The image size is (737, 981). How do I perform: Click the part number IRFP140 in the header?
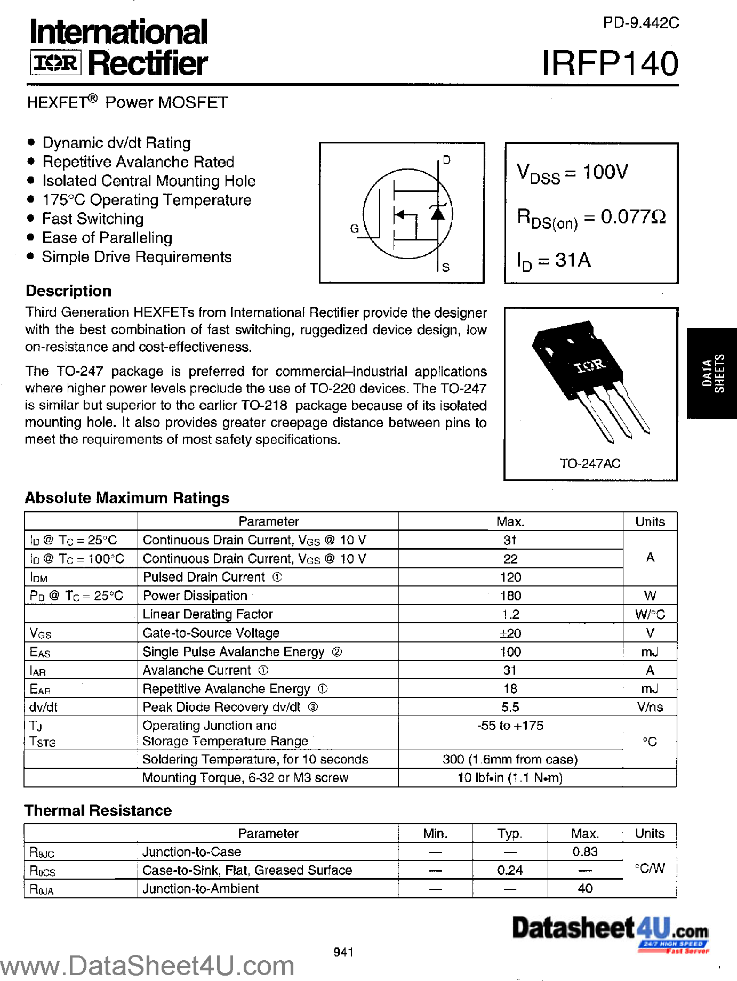pyautogui.click(x=610, y=64)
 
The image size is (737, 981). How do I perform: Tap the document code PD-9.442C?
pyautogui.click(x=640, y=23)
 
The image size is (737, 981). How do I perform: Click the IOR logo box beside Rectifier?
pyautogui.click(x=55, y=63)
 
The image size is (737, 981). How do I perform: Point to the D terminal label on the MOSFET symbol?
pyautogui.click(x=446, y=160)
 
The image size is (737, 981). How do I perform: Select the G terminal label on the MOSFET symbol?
pyautogui.click(x=354, y=229)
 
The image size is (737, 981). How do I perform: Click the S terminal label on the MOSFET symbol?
pyautogui.click(x=446, y=267)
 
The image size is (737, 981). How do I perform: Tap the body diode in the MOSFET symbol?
pyautogui.click(x=438, y=213)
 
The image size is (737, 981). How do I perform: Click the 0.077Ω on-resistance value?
pyautogui.click(x=633, y=217)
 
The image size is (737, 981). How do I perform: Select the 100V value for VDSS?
pyautogui.click(x=605, y=172)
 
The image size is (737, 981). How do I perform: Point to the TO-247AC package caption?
pyautogui.click(x=590, y=464)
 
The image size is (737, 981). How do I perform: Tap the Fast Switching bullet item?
pyautogui.click(x=93, y=219)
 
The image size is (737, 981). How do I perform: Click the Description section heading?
pyautogui.click(x=69, y=291)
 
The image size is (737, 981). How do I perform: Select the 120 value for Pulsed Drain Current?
pyautogui.click(x=510, y=577)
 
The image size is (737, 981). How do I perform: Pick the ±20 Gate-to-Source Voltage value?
pyautogui.click(x=510, y=633)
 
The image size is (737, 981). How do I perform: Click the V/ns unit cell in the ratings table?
pyautogui.click(x=650, y=707)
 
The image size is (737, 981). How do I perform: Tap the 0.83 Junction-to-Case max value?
pyautogui.click(x=585, y=852)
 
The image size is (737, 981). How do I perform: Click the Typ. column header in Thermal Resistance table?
pyautogui.click(x=510, y=833)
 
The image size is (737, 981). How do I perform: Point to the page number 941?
pyautogui.click(x=343, y=952)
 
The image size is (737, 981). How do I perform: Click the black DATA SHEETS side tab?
pyautogui.click(x=712, y=373)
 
